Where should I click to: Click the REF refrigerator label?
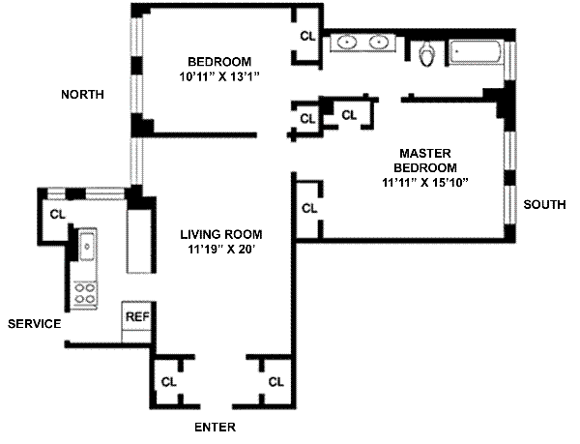[137, 316]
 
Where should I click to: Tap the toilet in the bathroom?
[427, 53]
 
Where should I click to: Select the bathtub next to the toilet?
[476, 52]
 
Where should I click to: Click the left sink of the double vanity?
[347, 42]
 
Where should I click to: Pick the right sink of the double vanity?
[379, 42]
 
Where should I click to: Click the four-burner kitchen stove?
[85, 294]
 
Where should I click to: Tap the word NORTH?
[82, 95]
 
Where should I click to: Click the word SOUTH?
[544, 205]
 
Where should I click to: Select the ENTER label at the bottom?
[215, 428]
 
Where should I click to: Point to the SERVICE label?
[35, 324]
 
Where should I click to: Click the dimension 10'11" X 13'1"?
[219, 77]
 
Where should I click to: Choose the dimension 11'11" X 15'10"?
[425, 183]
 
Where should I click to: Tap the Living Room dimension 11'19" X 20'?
[222, 250]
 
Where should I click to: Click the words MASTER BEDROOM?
[425, 161]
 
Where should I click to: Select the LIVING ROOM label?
[221, 235]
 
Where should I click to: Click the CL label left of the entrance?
[168, 382]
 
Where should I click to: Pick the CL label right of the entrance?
[275, 382]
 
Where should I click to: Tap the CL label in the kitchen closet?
[57, 214]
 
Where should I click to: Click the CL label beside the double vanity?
[307, 36]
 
